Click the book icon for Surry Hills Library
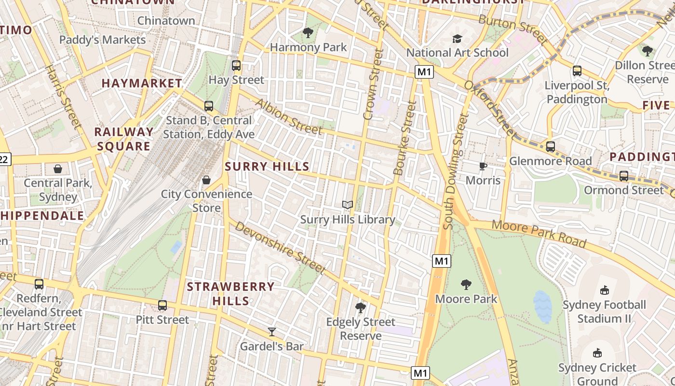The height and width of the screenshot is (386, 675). (348, 205)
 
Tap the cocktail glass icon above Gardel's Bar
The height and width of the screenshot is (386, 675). (272, 331)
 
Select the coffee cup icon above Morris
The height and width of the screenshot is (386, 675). (483, 166)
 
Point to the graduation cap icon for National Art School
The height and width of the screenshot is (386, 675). (457, 39)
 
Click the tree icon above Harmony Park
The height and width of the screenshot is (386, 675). (308, 33)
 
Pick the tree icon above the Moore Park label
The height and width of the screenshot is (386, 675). (466, 284)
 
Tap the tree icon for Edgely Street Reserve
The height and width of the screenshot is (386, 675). (360, 307)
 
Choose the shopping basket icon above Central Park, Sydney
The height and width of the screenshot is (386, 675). (58, 169)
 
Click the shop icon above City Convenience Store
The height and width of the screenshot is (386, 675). (206, 180)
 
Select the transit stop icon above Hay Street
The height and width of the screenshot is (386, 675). (236, 66)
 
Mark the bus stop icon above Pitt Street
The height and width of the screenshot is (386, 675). (162, 305)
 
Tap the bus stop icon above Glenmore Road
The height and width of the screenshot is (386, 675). (550, 147)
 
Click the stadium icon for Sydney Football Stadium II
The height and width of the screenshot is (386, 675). (604, 290)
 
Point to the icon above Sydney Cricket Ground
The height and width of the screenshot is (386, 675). (597, 353)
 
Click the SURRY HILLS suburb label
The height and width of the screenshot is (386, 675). (267, 166)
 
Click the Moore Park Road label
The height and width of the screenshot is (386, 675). (539, 234)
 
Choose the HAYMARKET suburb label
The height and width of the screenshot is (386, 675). (142, 83)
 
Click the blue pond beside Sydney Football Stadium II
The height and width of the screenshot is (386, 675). (542, 307)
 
